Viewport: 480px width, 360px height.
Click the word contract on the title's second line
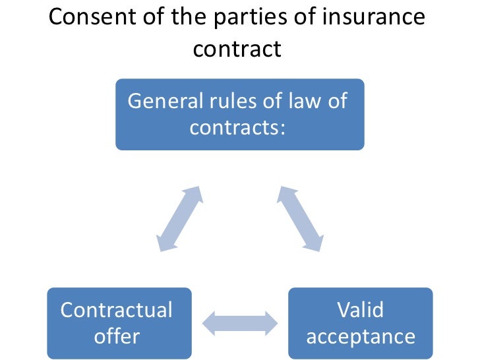point(237,49)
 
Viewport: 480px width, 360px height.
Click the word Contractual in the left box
point(117,309)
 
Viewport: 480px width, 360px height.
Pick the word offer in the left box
point(117,336)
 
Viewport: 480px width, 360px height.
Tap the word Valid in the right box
point(360,309)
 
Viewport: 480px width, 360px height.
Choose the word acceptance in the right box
point(361,337)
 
